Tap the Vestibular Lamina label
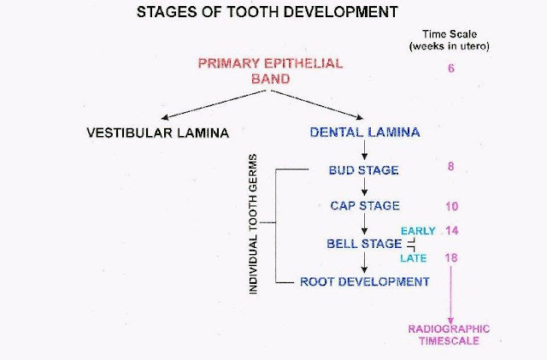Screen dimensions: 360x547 click(x=157, y=133)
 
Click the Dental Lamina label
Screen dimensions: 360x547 click(x=366, y=133)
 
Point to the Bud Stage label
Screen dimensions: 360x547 click(x=363, y=170)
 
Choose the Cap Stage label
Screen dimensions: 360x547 click(x=365, y=206)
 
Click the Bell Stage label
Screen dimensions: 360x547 click(x=364, y=244)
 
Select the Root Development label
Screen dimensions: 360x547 click(x=365, y=280)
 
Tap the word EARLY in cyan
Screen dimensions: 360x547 click(x=419, y=231)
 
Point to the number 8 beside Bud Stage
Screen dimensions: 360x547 click(x=450, y=167)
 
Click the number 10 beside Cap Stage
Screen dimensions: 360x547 click(x=452, y=206)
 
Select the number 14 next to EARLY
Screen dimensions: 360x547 click(x=452, y=231)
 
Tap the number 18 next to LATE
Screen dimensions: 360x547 click(x=452, y=257)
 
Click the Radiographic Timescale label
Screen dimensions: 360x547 click(x=449, y=333)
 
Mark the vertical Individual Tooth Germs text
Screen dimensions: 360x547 click(x=254, y=226)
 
